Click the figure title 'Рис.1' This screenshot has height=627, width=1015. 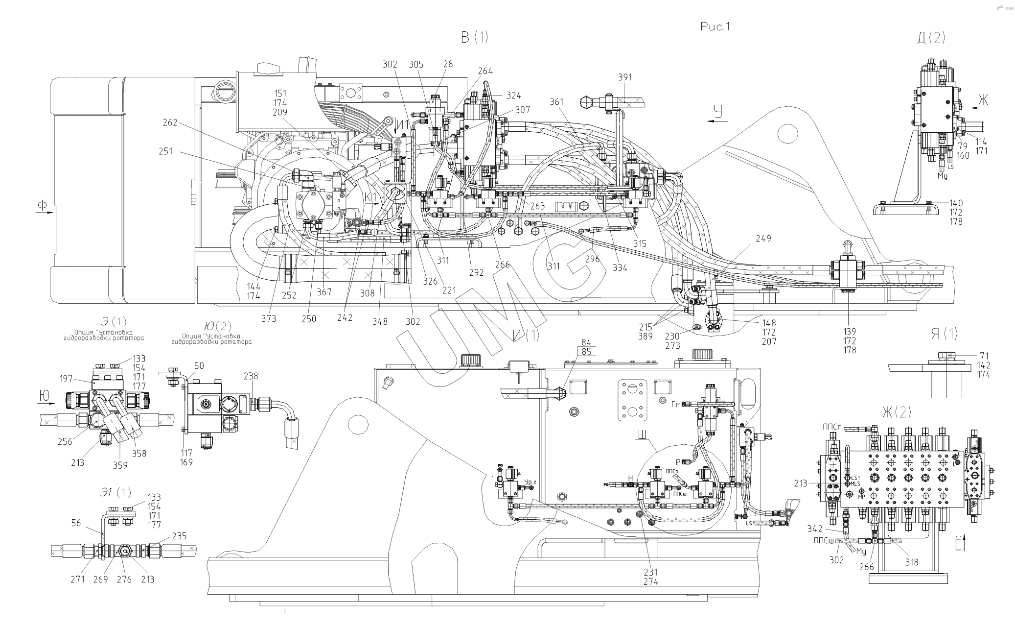click(715, 27)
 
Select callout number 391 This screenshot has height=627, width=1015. click(625, 77)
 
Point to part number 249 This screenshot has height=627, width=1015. click(763, 239)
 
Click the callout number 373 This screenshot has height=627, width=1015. click(268, 318)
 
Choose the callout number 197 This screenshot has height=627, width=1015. click(66, 379)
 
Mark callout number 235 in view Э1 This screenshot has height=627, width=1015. click(179, 536)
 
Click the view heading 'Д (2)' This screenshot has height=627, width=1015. click(931, 39)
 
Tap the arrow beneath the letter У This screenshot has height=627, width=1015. click(717, 124)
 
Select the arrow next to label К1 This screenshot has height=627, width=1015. click(373, 204)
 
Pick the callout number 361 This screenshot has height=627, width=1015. click(556, 102)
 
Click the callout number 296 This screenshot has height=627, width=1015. click(592, 259)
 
